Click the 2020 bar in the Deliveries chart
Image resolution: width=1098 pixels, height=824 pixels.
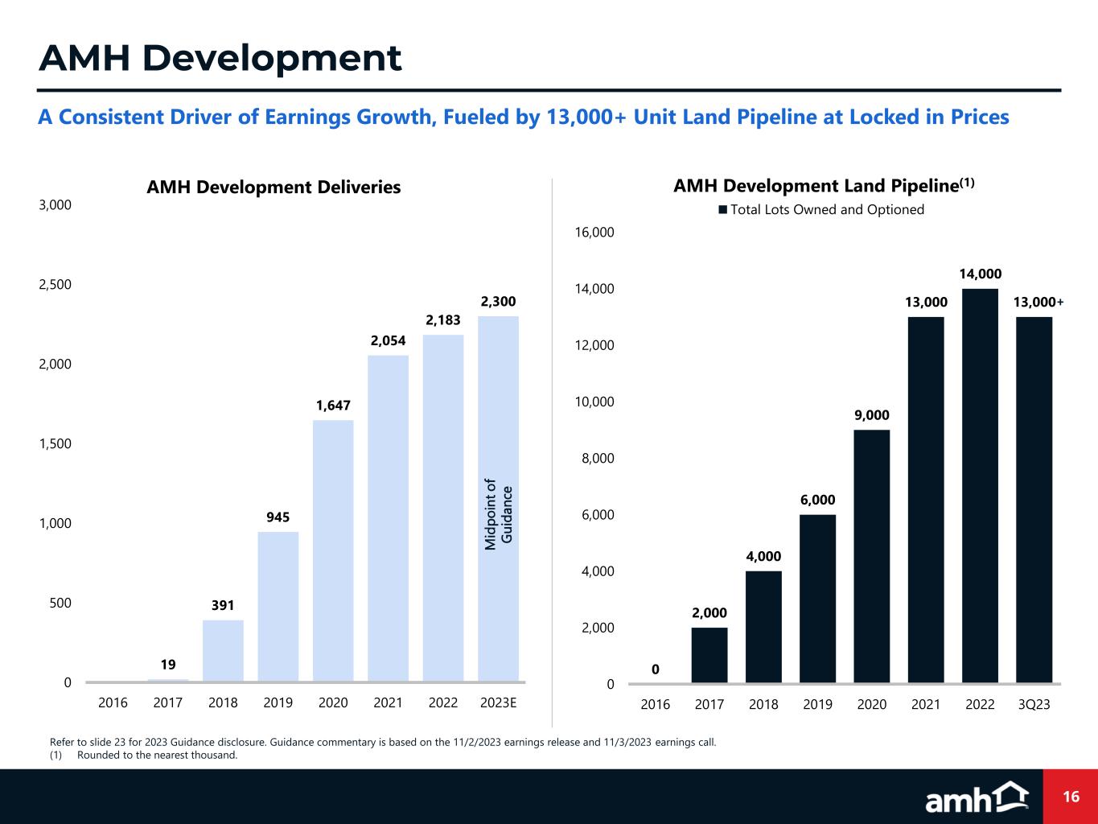[333, 550]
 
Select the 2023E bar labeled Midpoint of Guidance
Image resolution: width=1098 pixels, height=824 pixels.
[498, 499]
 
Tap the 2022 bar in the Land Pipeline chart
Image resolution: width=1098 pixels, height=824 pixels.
[980, 486]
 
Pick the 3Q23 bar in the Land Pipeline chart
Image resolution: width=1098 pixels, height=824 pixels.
[1034, 500]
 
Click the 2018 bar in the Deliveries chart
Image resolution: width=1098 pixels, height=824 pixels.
[223, 651]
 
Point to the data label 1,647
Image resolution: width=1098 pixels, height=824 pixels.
[333, 406]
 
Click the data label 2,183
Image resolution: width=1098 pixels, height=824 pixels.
[443, 320]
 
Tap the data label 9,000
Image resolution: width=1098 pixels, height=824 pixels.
[871, 415]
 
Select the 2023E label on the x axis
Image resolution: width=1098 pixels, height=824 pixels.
[498, 702]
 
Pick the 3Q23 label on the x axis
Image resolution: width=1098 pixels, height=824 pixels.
[1034, 704]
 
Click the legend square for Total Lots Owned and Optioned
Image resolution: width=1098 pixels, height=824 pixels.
[722, 210]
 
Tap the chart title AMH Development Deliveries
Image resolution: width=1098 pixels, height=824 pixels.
[273, 187]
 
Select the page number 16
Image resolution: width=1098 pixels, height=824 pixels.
[1071, 797]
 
